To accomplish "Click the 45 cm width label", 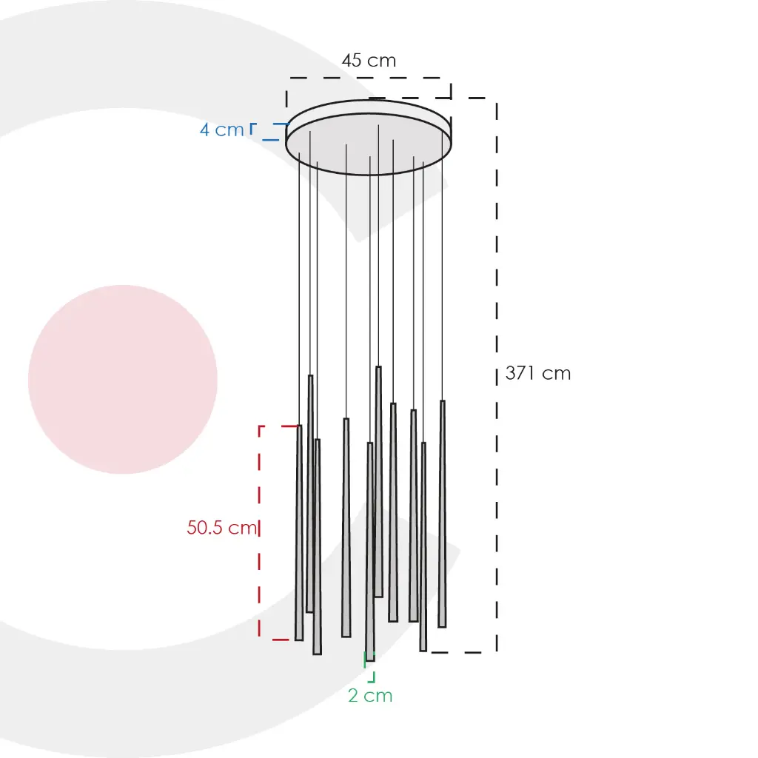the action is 369,61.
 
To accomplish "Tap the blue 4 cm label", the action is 222,130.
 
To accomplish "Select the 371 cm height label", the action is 538,373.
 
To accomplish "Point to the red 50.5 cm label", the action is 222,527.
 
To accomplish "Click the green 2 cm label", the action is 370,696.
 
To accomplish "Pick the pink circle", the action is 123,380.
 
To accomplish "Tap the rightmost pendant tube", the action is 443,514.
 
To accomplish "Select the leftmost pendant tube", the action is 299,533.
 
